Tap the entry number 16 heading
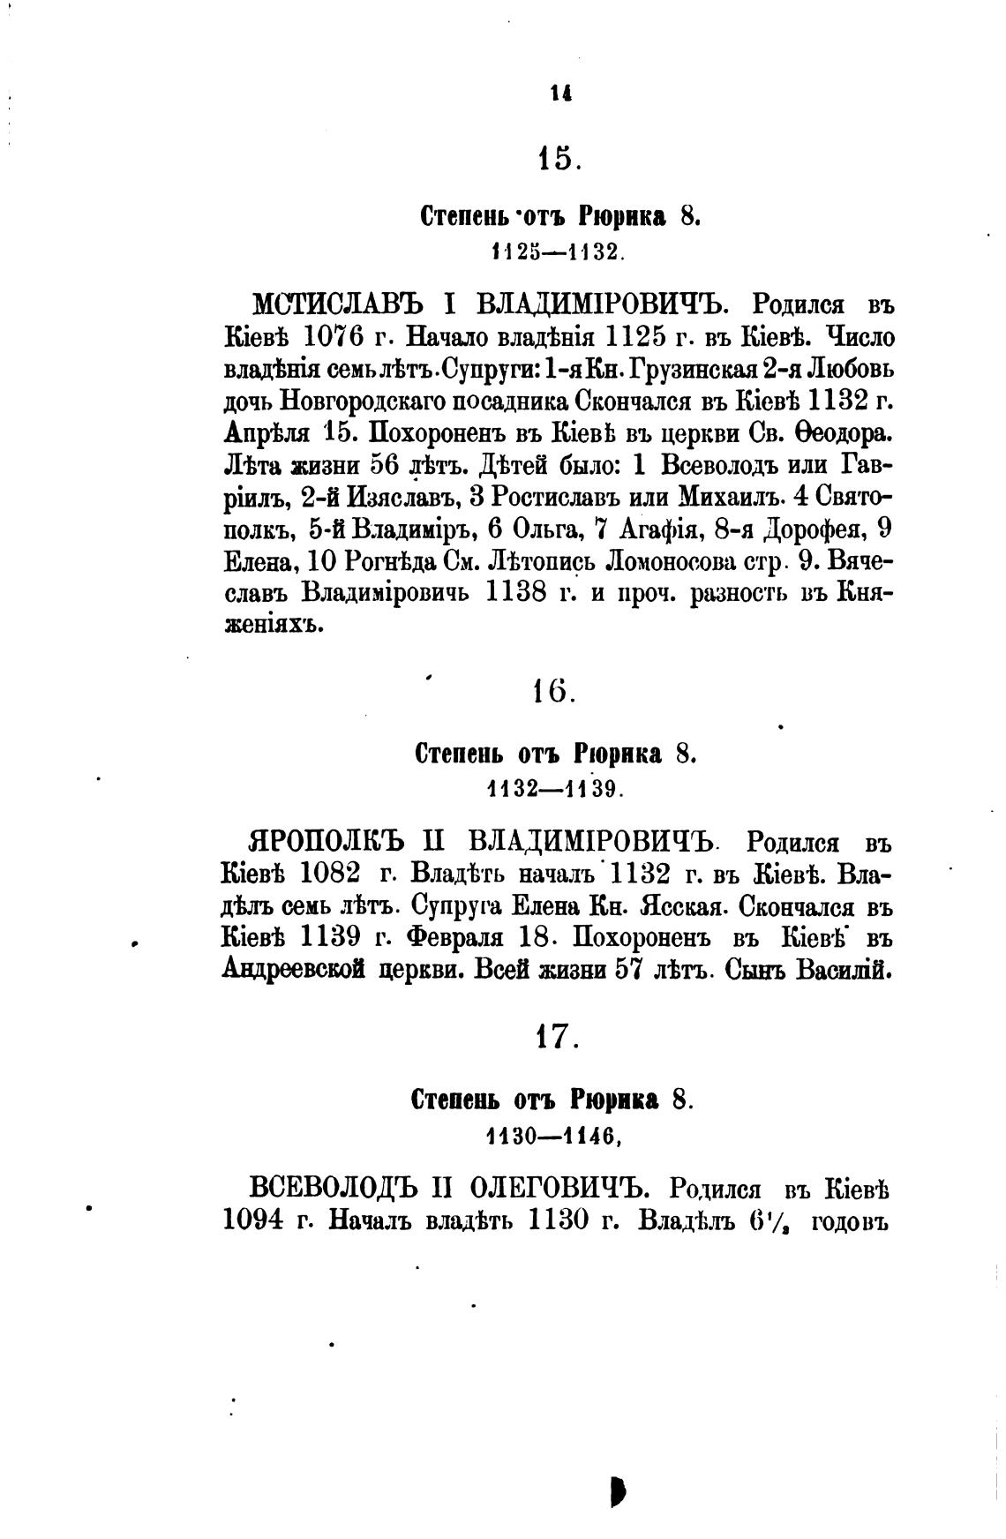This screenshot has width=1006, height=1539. click(x=554, y=693)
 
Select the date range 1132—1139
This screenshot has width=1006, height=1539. click(x=556, y=789)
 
